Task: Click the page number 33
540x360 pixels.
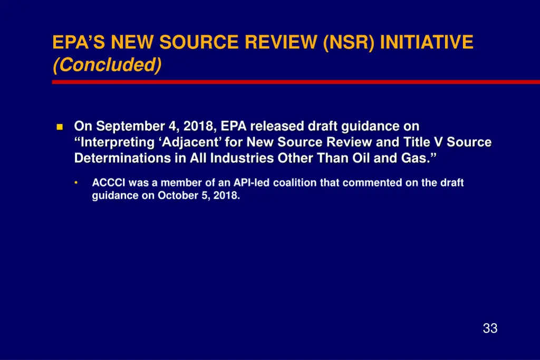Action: [x=490, y=328]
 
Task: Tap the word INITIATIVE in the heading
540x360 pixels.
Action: [x=426, y=42]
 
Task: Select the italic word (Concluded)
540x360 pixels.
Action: [x=107, y=65]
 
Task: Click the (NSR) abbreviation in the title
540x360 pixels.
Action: [x=349, y=42]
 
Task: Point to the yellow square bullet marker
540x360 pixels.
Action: [x=59, y=127]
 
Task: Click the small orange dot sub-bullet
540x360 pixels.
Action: [x=76, y=183]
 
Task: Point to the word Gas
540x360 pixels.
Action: [x=414, y=158]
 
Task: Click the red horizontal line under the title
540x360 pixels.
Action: [x=295, y=82]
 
